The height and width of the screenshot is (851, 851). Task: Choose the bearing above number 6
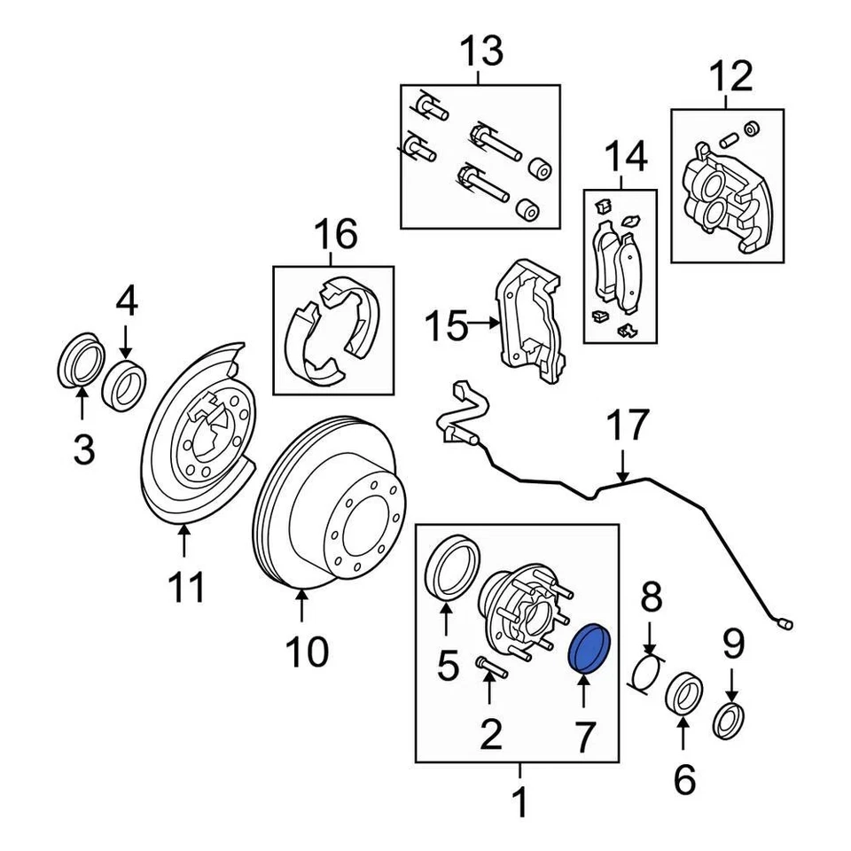coord(683,694)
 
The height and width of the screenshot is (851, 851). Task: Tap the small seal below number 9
coord(730,719)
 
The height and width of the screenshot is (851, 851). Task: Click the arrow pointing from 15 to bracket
coord(484,325)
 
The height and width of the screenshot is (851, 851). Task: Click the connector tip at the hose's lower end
coord(785,624)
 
